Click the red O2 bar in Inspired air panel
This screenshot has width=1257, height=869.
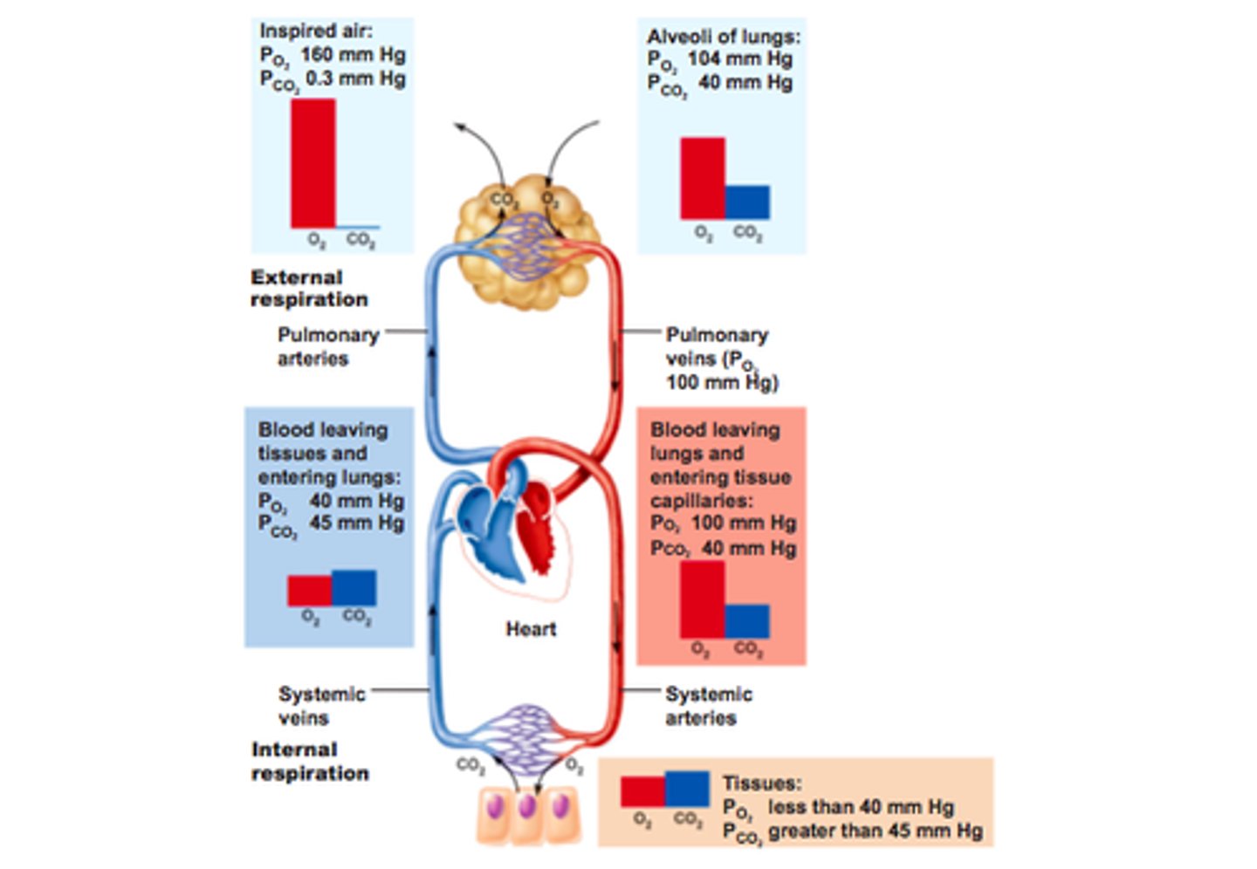[x=313, y=163]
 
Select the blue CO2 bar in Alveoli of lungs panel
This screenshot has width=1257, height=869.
[x=747, y=202]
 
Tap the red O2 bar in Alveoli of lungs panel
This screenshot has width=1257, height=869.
[x=702, y=178]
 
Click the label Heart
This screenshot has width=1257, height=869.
[x=531, y=629]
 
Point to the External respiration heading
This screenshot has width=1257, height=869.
[x=309, y=289]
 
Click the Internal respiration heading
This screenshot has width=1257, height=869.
[x=310, y=762]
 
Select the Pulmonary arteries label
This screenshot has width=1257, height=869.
[x=328, y=346]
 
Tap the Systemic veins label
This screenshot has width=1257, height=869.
[x=321, y=706]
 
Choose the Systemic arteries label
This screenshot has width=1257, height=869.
[x=708, y=706]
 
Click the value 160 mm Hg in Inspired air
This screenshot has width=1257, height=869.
[x=353, y=55]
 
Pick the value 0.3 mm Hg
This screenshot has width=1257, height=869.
[x=354, y=79]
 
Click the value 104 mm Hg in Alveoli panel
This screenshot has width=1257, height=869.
[x=739, y=59]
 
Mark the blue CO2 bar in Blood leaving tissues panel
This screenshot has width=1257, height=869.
[x=354, y=588]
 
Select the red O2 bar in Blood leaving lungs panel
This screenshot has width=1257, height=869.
[x=702, y=599]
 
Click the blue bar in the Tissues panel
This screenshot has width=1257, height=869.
[x=687, y=789]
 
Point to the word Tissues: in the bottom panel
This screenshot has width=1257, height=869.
[x=761, y=783]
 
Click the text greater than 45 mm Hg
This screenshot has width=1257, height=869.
[x=875, y=831]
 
